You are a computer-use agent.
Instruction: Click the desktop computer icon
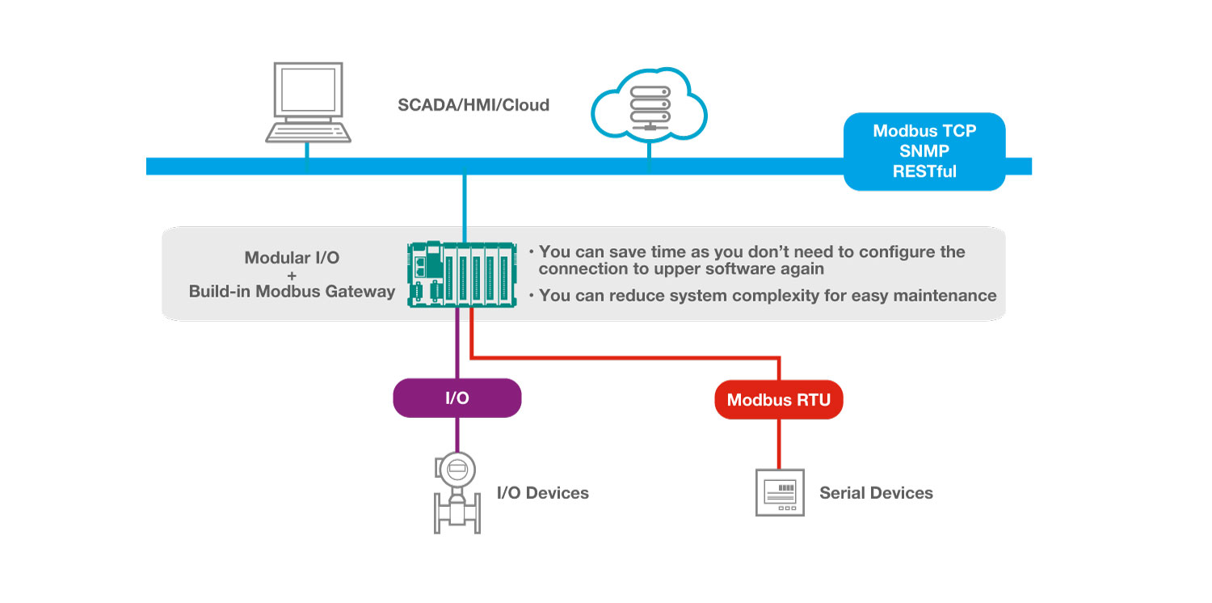pyautogui.click(x=308, y=101)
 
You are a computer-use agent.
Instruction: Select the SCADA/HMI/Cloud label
pyautogui.click(x=473, y=105)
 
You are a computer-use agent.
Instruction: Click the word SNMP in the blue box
pyautogui.click(x=924, y=151)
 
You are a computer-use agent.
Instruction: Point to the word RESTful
pyautogui.click(x=924, y=171)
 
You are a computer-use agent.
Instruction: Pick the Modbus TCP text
pyautogui.click(x=924, y=131)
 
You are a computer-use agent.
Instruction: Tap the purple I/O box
pyautogui.click(x=457, y=398)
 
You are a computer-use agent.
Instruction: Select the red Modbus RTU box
pyautogui.click(x=779, y=399)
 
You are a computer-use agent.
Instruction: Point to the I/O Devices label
pyautogui.click(x=542, y=492)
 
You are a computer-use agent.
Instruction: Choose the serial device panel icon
pyautogui.click(x=779, y=492)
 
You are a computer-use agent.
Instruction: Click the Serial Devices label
pyautogui.click(x=876, y=492)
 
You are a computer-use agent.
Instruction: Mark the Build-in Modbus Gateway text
pyautogui.click(x=292, y=291)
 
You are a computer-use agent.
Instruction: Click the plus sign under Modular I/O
pyautogui.click(x=292, y=275)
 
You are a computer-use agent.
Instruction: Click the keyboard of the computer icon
pyautogui.click(x=309, y=132)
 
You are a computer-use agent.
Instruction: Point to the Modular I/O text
pyautogui.click(x=292, y=258)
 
